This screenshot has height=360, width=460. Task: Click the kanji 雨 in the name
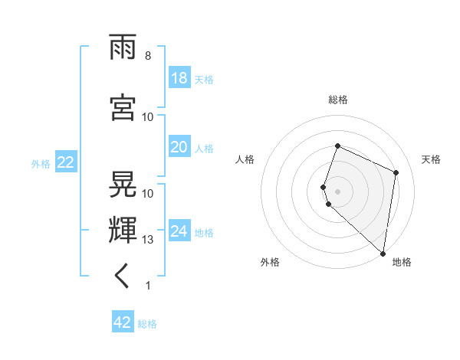pyautogui.click(x=123, y=51)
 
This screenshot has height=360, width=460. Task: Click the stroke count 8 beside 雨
pyautogui.click(x=147, y=56)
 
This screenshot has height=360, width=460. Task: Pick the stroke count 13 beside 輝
pyautogui.click(x=149, y=240)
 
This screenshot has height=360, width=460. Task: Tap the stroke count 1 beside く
pyautogui.click(x=147, y=286)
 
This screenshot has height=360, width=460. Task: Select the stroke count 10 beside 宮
pyautogui.click(x=149, y=116)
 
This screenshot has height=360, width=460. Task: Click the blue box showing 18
pyautogui.click(x=179, y=78)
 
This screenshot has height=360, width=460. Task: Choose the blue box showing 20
pyautogui.click(x=179, y=147)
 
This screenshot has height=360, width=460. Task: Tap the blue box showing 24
pyautogui.click(x=179, y=231)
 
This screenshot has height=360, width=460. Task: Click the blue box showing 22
pyautogui.click(x=65, y=162)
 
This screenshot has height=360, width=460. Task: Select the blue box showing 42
pyautogui.click(x=123, y=322)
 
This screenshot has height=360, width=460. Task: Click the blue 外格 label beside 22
pyautogui.click(x=41, y=163)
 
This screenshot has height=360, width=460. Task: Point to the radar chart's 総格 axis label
pyautogui.click(x=338, y=100)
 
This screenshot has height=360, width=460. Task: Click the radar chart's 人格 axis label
pyautogui.click(x=245, y=159)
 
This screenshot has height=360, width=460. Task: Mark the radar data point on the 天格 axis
pyautogui.click(x=396, y=172)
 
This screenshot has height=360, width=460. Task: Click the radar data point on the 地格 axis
pyautogui.click(x=383, y=254)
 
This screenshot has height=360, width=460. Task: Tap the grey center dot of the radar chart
pyautogui.click(x=338, y=191)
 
